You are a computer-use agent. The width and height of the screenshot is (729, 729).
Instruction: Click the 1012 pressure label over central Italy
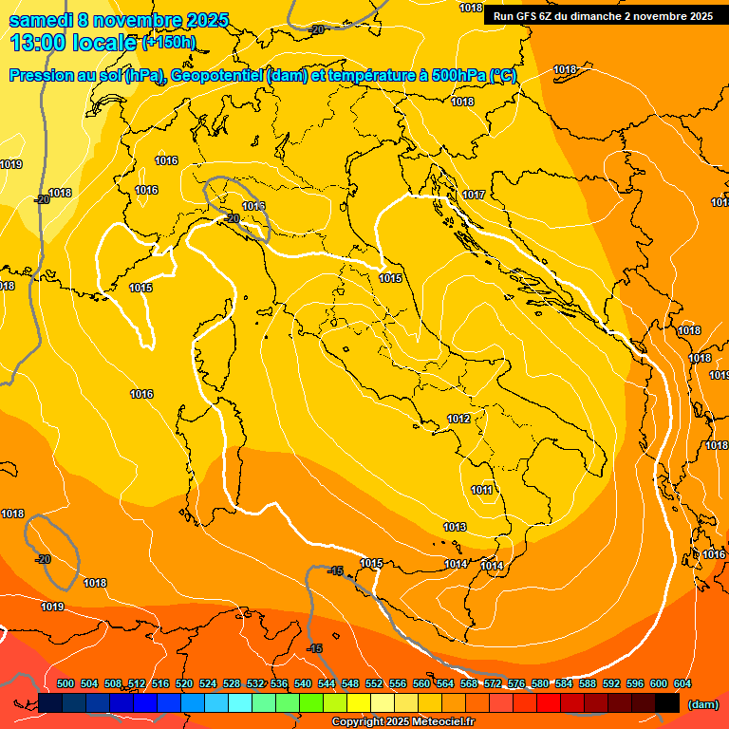click(458, 419)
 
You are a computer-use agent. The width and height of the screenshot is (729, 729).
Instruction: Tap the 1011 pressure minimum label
click(481, 490)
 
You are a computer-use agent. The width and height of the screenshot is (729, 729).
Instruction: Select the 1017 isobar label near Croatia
click(474, 195)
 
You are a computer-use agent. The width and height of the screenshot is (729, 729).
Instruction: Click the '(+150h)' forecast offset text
click(168, 43)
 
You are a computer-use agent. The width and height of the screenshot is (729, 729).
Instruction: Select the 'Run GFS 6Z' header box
click(603, 16)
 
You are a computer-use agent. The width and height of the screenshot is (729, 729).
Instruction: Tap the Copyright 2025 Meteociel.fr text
click(402, 722)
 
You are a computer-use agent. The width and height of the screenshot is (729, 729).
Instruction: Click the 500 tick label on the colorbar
click(65, 683)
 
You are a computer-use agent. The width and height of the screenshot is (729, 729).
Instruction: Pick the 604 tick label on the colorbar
click(682, 683)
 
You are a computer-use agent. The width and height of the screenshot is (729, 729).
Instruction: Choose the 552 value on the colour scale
click(374, 683)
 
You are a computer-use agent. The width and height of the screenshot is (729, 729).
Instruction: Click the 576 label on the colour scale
click(516, 683)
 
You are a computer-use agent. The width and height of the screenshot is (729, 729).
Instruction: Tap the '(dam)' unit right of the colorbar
click(702, 704)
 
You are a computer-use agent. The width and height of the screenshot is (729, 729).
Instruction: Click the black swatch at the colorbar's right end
click(667, 702)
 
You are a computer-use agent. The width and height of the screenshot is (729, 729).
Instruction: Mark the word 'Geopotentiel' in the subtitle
click(218, 76)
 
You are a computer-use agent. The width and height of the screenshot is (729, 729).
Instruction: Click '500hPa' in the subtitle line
click(459, 76)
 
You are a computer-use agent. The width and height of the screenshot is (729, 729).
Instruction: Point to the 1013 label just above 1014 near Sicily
click(455, 527)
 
